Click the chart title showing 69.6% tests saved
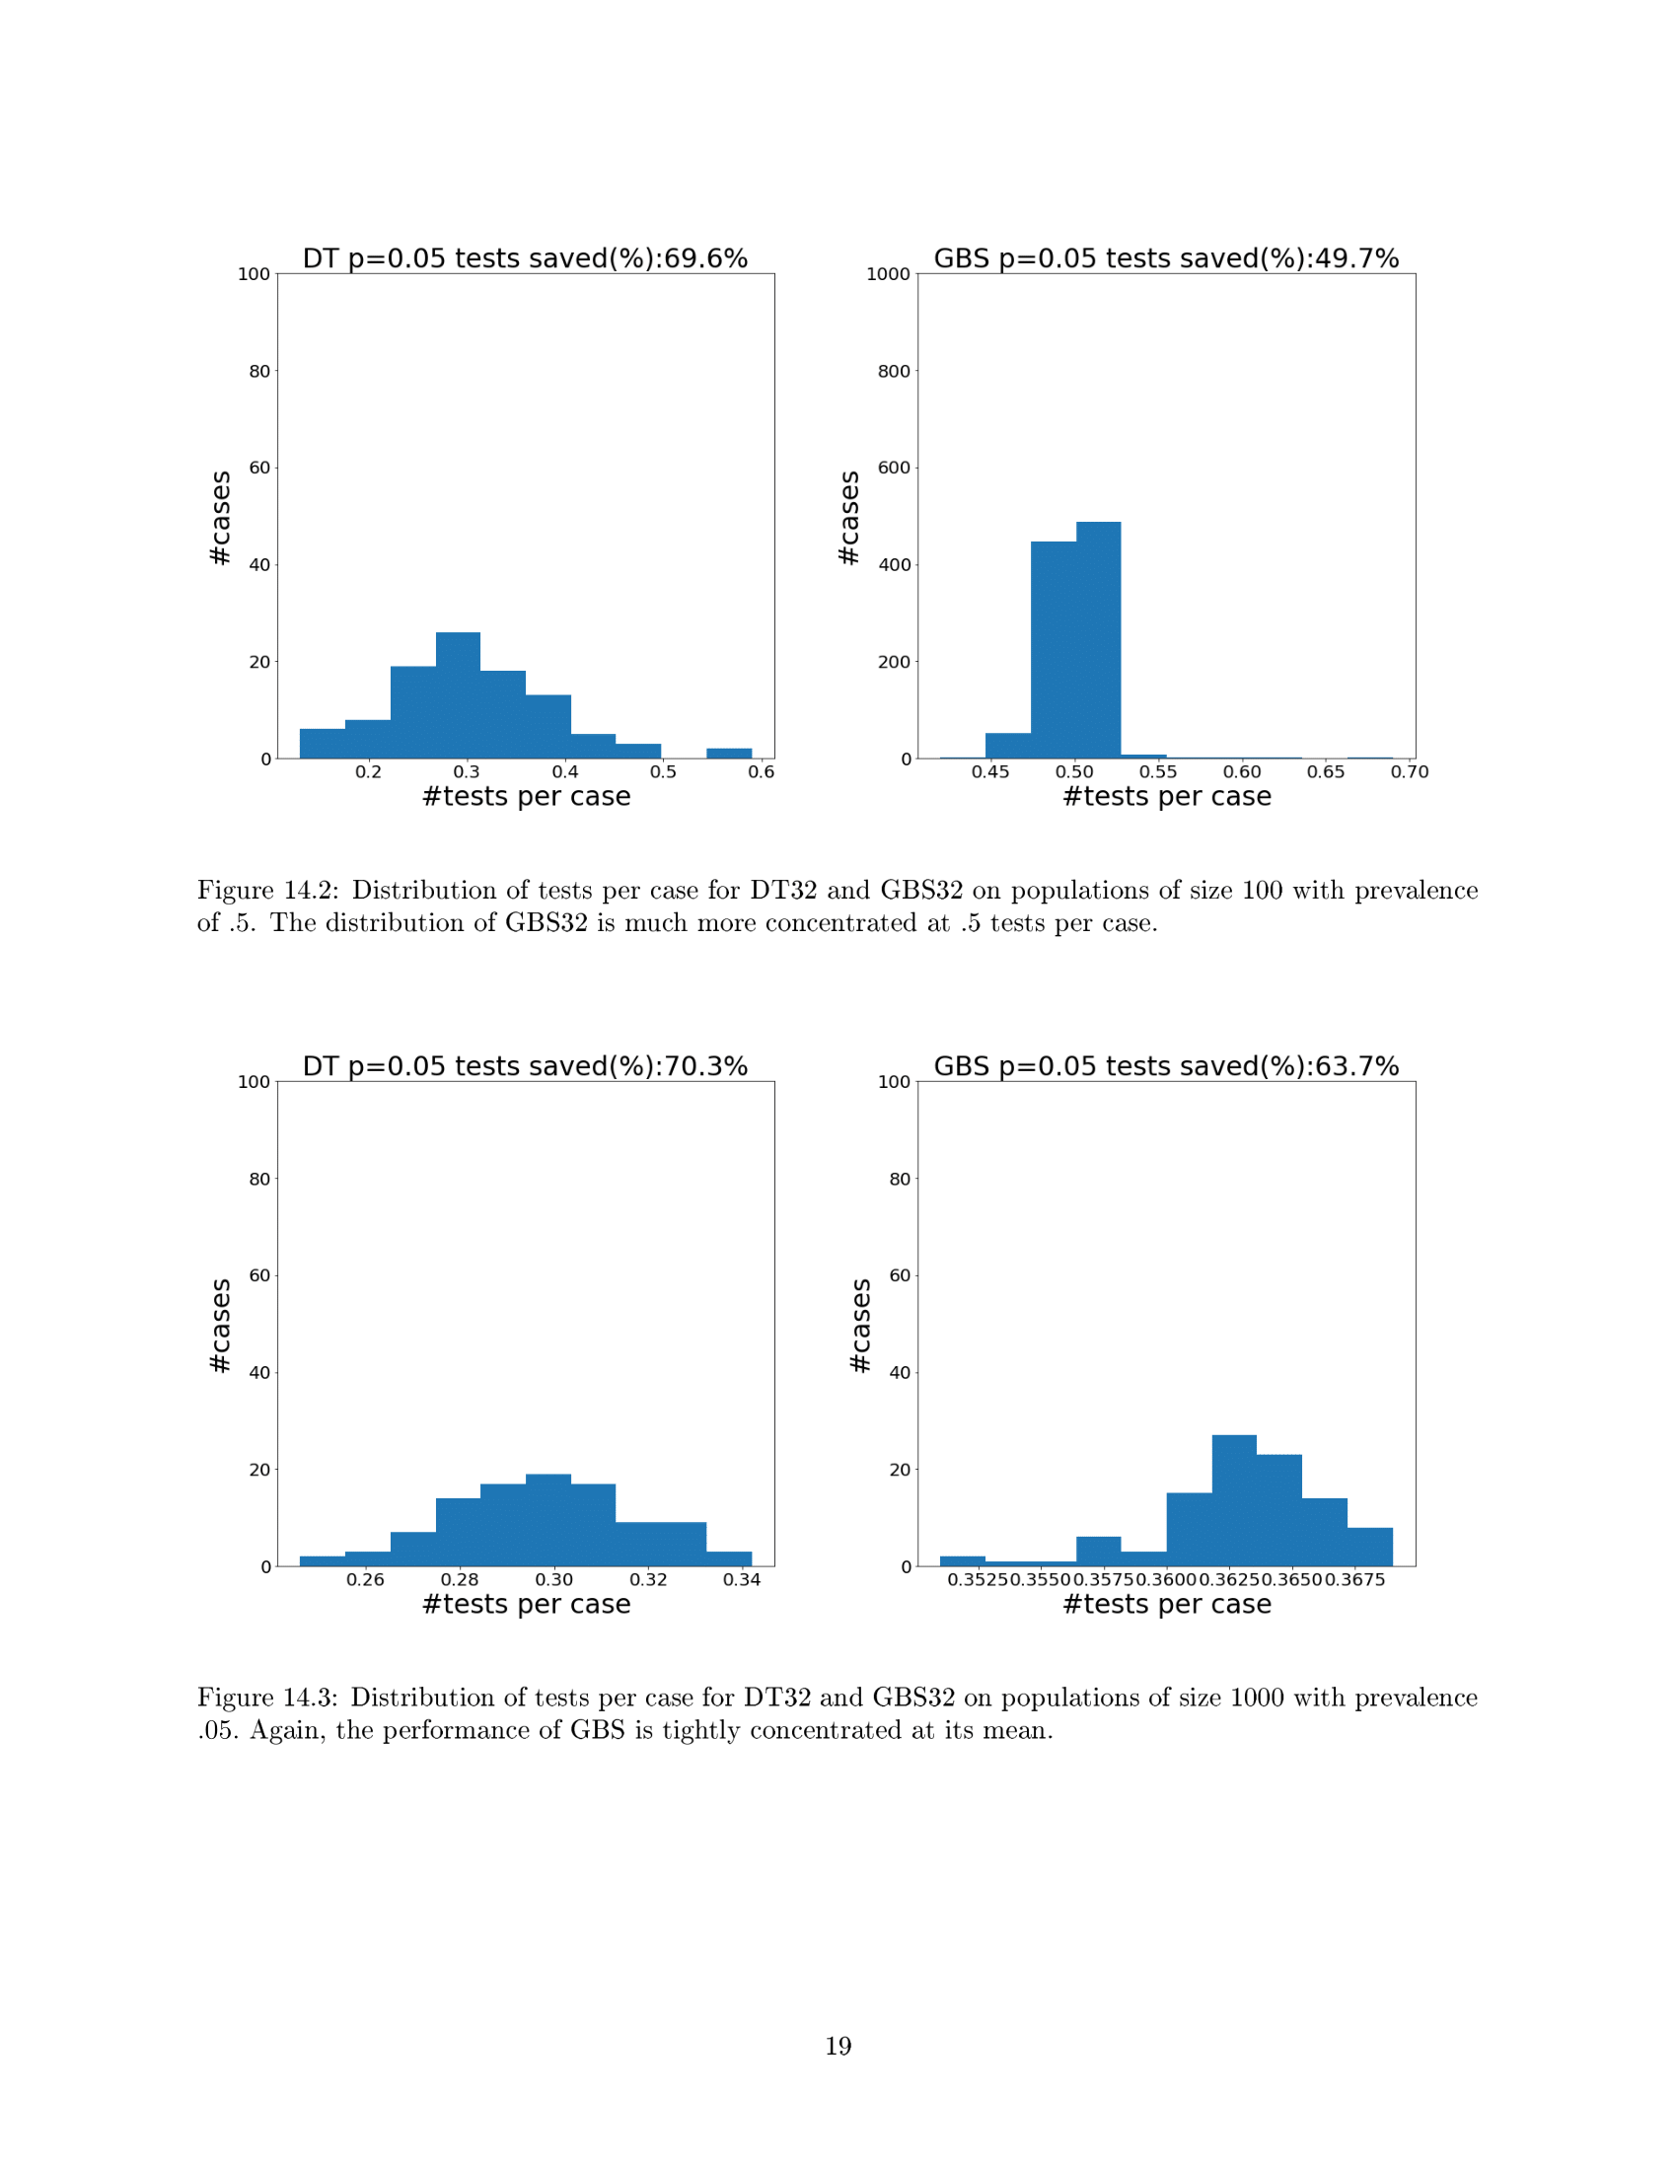pos(525,258)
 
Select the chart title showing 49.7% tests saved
pos(1165,258)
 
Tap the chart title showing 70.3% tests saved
pos(525,1066)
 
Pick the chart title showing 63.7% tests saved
pos(1165,1066)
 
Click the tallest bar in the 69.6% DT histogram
pos(458,695)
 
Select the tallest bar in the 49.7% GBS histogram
pos(1098,641)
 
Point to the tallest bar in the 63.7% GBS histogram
pos(1234,1500)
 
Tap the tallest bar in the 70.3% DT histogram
pos(548,1520)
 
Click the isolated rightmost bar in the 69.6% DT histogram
pos(729,754)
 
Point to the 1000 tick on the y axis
pos(888,274)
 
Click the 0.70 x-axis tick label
pos(1409,772)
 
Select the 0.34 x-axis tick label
pos(741,1580)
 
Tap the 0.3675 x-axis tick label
pos(1355,1580)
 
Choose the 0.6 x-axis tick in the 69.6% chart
pos(761,772)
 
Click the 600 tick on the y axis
pos(894,468)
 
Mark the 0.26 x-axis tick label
pos(365,1580)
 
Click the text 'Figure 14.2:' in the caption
pos(268,891)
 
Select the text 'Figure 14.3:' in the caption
pos(268,1699)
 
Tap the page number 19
pos(838,2046)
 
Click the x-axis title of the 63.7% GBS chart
pos(1166,1605)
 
